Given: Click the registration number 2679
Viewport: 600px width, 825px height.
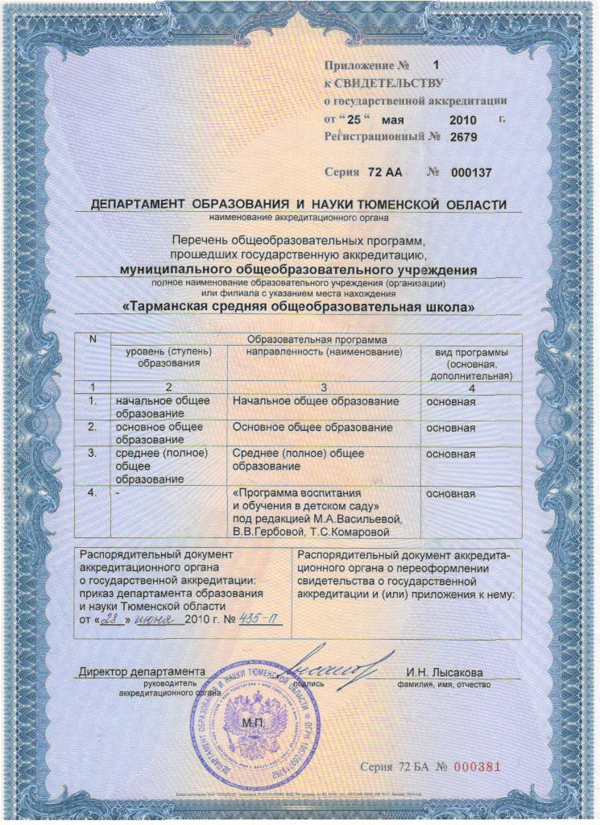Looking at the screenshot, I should tap(464, 137).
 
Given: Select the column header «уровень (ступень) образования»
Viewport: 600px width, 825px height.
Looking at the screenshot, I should tap(168, 358).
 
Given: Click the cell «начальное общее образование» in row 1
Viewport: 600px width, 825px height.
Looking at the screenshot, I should tap(163, 407).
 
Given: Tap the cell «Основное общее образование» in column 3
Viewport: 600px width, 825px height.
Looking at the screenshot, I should tap(312, 427).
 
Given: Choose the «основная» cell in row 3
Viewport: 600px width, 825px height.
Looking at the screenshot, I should tap(450, 454).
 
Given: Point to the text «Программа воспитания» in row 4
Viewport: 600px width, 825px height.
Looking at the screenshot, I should tap(296, 493).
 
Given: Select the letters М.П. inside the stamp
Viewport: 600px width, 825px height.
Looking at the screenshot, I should tap(253, 723).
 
